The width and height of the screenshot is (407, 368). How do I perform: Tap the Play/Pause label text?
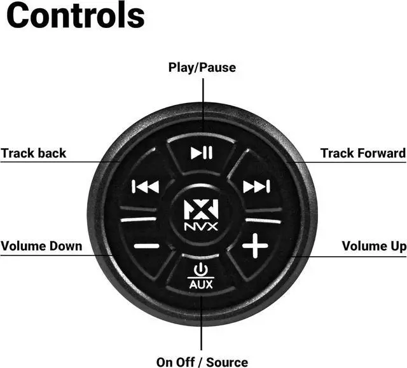tap(202, 67)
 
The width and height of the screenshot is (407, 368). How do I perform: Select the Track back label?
tap(33, 153)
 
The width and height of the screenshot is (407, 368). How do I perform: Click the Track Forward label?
tap(362, 153)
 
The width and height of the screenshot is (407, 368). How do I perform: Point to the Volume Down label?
tap(41, 246)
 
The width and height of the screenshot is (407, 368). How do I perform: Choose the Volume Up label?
tap(374, 246)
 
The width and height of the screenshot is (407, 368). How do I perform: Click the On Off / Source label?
tap(202, 362)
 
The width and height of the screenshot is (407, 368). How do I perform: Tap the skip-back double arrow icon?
tap(145, 187)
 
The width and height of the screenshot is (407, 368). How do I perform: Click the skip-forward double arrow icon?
tap(257, 186)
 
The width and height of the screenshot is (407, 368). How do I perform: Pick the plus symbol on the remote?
tap(255, 245)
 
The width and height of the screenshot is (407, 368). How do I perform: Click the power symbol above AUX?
tap(201, 269)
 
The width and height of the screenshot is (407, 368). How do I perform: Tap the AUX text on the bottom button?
tap(201, 284)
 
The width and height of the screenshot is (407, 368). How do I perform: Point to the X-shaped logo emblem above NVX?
tap(202, 210)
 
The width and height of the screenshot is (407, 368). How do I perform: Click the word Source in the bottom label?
tap(227, 362)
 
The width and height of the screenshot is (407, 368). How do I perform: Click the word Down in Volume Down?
tap(67, 246)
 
